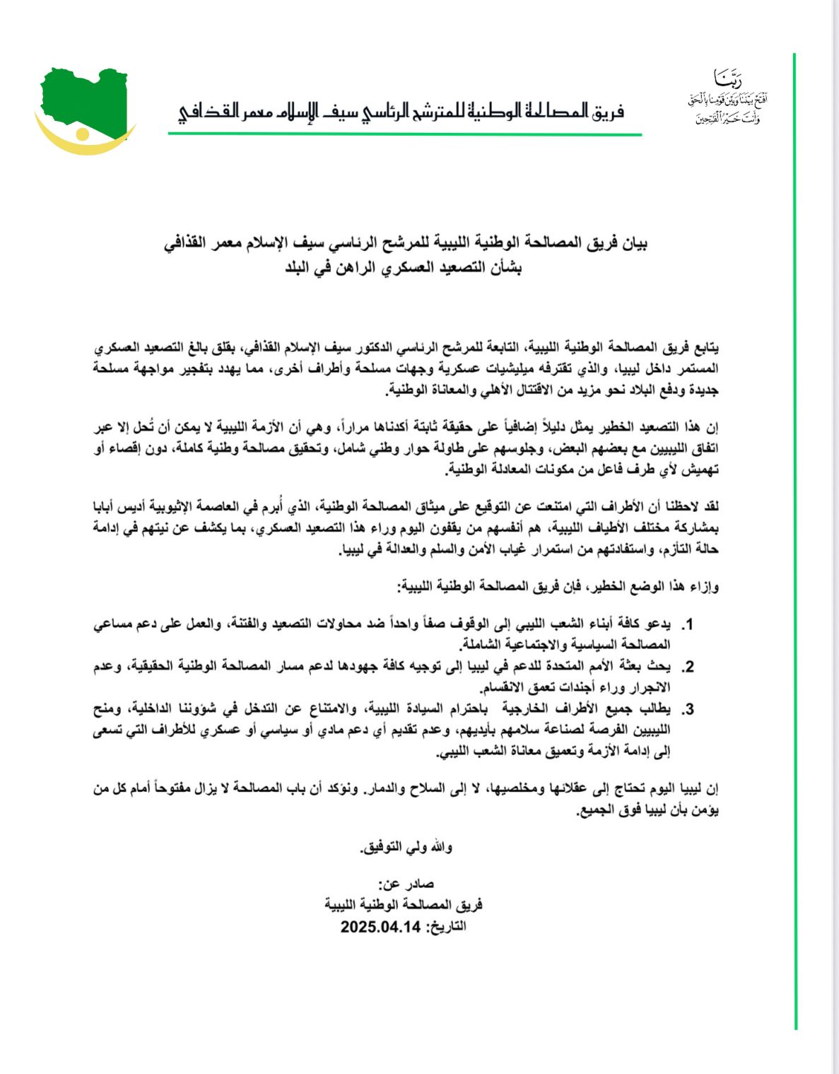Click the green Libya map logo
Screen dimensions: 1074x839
(83, 99)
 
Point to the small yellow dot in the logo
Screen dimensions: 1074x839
(83, 134)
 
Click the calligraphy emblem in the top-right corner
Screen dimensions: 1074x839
(727, 98)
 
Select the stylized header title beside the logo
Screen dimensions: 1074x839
(401, 112)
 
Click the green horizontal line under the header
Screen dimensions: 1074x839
(404, 134)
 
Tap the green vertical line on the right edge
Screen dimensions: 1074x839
(795, 537)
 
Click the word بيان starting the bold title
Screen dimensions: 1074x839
(631, 244)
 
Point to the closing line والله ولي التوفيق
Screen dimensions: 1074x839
(407, 846)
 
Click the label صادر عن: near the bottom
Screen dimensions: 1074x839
(406, 884)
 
